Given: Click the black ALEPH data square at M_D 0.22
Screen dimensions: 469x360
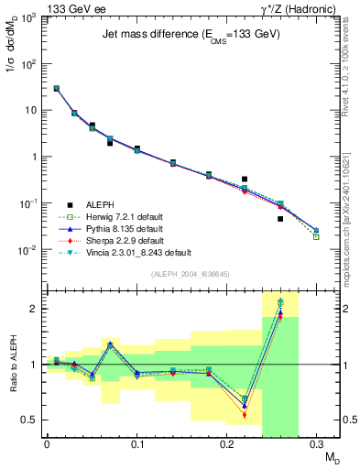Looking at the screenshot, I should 245,180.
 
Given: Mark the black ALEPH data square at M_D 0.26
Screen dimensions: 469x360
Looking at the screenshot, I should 280,219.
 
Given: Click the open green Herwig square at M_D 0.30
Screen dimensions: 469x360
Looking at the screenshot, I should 316,236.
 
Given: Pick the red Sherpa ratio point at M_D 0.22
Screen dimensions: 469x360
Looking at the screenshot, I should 245,415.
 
